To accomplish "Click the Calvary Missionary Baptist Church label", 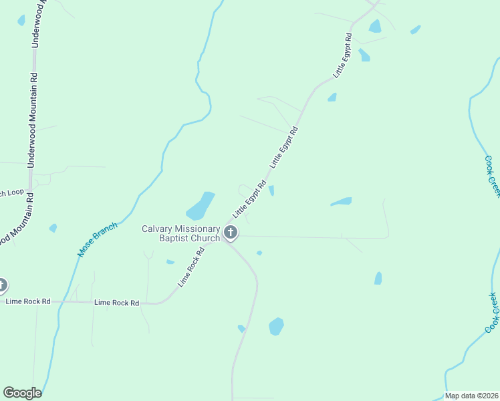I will [180, 233].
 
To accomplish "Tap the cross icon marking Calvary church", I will [231, 233].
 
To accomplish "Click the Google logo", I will [22, 393].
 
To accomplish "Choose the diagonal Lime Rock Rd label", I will [191, 267].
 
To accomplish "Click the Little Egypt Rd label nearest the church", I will [249, 198].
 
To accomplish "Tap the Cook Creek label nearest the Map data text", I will [492, 313].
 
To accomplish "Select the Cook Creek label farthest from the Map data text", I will [492, 176].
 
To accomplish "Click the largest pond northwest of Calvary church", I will [201, 206].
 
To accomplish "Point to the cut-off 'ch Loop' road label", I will [11, 193].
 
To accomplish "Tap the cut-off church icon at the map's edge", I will [2, 285].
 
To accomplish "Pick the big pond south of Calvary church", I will [276, 326].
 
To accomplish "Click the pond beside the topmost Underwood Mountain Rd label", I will [21, 21].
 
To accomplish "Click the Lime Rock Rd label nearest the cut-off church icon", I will [28, 301].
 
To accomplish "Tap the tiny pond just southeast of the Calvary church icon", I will [259, 253].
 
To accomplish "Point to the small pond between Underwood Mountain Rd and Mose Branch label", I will [53, 228].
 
